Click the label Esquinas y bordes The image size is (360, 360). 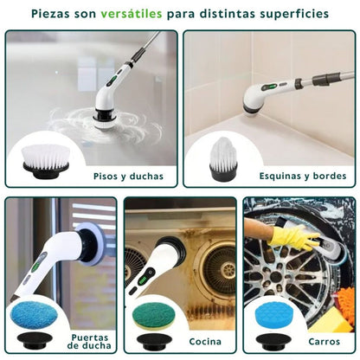pyautogui.click(x=303, y=176)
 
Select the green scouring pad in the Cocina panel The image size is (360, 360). pyautogui.click(x=151, y=312)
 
